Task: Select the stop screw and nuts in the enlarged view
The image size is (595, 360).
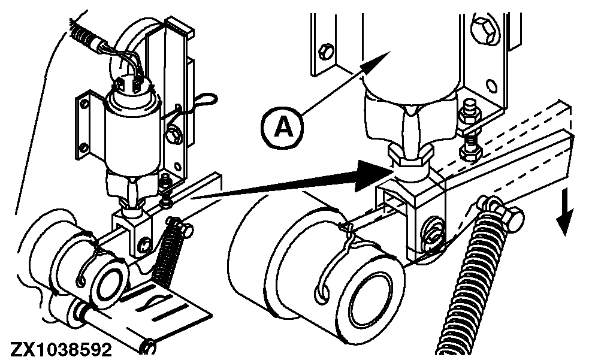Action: [469, 132]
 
